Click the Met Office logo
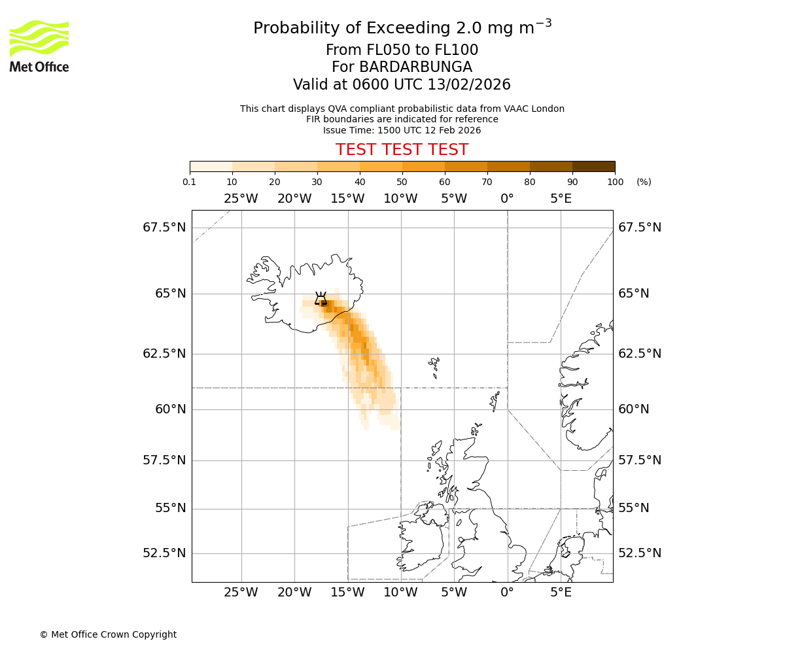pyautogui.click(x=39, y=46)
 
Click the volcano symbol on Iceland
pyautogui.click(x=321, y=299)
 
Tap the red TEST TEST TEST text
pyautogui.click(x=402, y=150)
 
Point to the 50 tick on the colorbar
pyautogui.click(x=402, y=172)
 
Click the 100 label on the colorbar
pyautogui.click(x=615, y=182)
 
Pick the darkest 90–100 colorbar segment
pyautogui.click(x=593, y=166)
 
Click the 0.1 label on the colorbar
pyautogui.click(x=190, y=182)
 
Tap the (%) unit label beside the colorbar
pyautogui.click(x=644, y=182)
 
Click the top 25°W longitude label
pyautogui.click(x=241, y=199)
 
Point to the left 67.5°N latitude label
pyautogui.click(x=164, y=228)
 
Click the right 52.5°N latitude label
pyautogui.click(x=640, y=553)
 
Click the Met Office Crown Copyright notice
pyautogui.click(x=108, y=634)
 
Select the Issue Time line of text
pyautogui.click(x=402, y=130)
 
